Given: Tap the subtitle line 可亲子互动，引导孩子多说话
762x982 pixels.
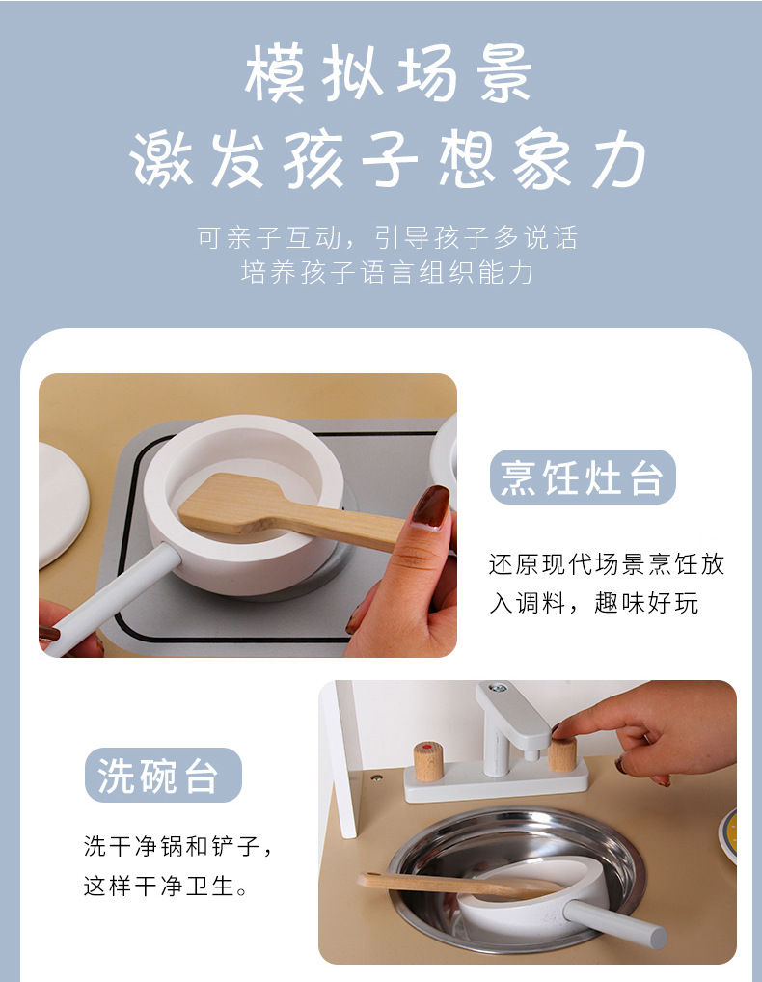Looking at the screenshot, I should [387, 237].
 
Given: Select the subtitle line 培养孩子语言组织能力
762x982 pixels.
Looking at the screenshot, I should [387, 273].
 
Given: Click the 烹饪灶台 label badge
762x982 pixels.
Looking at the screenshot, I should [583, 477].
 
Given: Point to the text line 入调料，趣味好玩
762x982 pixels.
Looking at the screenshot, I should [593, 605].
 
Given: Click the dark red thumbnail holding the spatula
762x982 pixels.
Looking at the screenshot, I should [430, 506].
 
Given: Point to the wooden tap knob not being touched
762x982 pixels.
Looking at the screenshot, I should [428, 760].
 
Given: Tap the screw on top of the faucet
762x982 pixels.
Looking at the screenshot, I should [498, 689].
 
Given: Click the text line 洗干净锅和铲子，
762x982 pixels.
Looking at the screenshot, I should [178, 848].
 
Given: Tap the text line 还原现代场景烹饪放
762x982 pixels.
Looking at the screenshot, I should [606, 565].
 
